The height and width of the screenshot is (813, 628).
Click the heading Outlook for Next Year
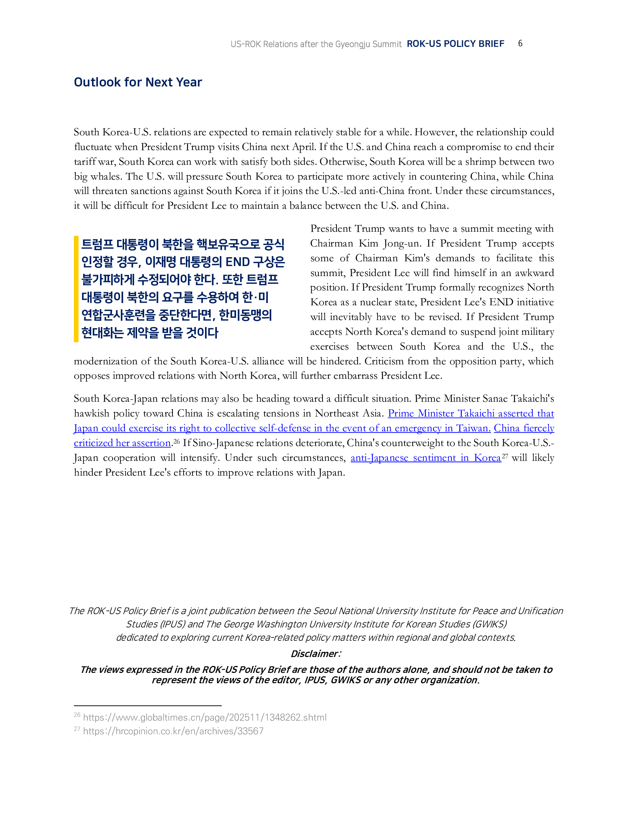(138, 82)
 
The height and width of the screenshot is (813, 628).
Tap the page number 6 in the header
(520, 44)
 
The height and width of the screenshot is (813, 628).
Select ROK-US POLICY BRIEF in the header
(455, 44)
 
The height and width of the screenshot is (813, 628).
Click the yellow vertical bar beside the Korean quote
(76, 289)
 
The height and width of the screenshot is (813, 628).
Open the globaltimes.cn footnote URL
(205, 717)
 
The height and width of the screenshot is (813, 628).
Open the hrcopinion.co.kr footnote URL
(173, 731)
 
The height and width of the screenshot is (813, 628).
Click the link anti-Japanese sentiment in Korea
(426, 457)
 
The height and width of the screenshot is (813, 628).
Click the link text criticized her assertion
(122, 443)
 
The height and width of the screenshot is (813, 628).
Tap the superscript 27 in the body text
(505, 455)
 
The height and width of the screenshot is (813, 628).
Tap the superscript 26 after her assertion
(176, 441)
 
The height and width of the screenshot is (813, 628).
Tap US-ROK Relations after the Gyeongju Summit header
(316, 44)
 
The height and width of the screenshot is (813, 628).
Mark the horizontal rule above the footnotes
(148, 705)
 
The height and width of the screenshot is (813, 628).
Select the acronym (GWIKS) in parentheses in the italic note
(490, 624)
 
